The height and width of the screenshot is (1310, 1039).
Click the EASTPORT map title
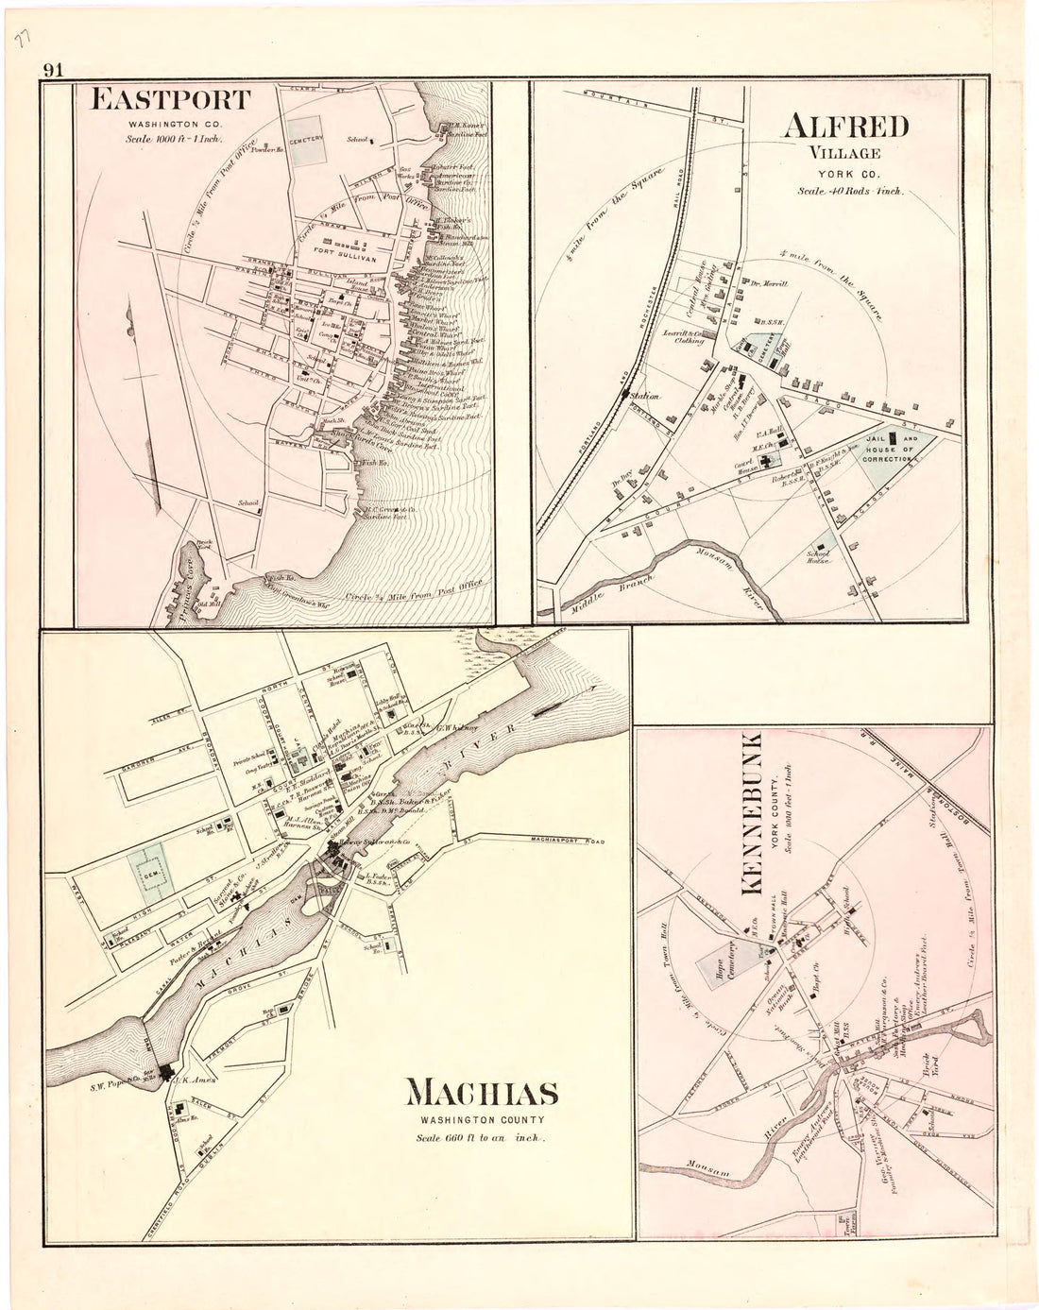(171, 100)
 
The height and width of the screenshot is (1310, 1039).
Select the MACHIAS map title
(482, 1094)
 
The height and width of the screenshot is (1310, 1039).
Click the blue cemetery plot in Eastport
(306, 138)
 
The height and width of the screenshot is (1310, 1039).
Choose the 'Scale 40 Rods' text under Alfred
(850, 190)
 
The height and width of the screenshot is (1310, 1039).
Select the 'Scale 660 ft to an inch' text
(482, 1137)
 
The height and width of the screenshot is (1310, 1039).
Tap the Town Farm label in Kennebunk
(846, 1225)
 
